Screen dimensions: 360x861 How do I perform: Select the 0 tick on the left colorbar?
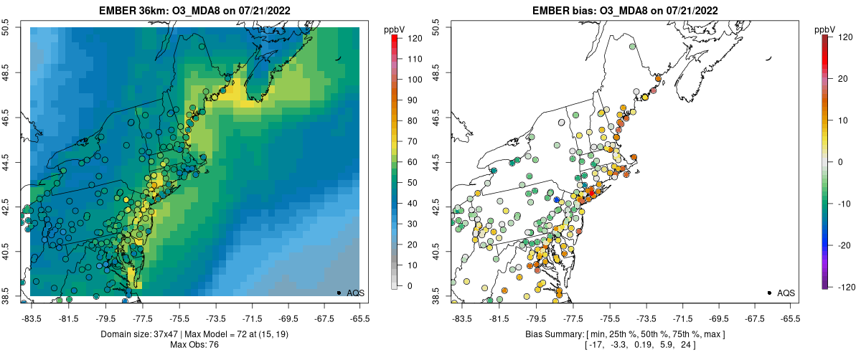click(410, 285)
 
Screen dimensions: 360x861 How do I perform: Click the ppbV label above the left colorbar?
click(395, 29)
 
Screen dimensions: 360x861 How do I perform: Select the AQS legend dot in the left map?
click(339, 293)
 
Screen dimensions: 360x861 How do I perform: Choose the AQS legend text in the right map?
click(786, 293)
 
